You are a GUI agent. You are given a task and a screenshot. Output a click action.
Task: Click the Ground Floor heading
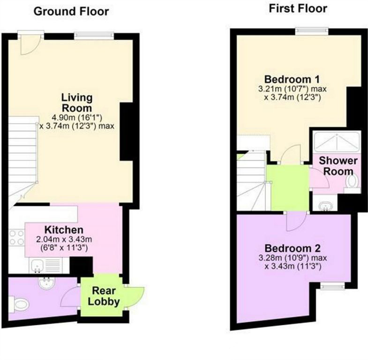coord(71,12)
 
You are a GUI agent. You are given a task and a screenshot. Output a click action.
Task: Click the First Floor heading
coord(298,9)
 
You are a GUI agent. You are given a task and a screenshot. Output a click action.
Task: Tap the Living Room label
coord(77,103)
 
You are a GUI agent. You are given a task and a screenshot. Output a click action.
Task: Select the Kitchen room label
coord(64,230)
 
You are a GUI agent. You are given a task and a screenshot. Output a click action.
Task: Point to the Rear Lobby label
coord(104,296)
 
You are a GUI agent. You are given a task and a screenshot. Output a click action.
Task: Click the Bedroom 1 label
coord(292,79)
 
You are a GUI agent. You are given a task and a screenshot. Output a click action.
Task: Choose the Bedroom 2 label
coord(293,248)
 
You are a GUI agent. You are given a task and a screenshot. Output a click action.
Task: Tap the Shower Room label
coord(338,166)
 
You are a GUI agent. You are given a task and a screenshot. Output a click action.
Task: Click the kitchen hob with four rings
coord(16,238)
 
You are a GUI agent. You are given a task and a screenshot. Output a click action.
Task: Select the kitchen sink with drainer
coord(45,266)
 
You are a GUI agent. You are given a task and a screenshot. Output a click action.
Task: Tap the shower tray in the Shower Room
coord(337,142)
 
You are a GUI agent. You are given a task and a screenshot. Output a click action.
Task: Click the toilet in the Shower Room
coord(353,182)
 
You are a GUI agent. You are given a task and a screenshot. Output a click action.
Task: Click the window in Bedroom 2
coord(332,286)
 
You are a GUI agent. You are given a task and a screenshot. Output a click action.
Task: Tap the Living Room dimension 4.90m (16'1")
coord(76,117)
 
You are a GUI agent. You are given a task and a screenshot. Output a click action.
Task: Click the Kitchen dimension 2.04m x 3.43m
coord(64,240)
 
